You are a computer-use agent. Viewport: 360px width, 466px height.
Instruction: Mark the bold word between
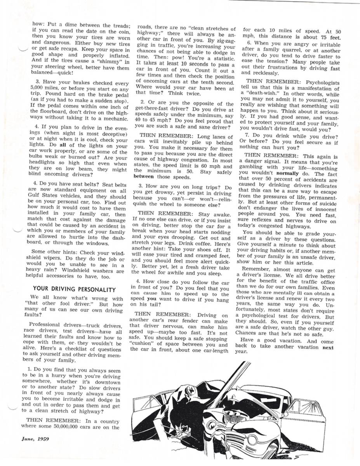pos(146,177)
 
